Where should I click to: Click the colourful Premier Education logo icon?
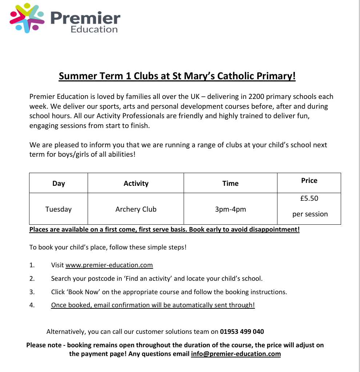(x=27, y=18)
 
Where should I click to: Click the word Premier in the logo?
(x=85, y=17)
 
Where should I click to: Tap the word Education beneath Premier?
(x=94, y=29)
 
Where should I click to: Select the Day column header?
(x=59, y=183)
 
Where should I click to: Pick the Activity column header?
(x=136, y=183)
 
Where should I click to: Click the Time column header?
(x=231, y=183)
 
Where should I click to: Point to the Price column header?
(x=309, y=180)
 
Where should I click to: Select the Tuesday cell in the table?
(x=59, y=209)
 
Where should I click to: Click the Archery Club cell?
(x=136, y=209)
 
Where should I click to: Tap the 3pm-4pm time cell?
(x=231, y=209)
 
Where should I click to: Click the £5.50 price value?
(x=309, y=199)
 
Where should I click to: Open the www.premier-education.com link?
(x=109, y=265)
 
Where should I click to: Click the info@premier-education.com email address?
(x=236, y=354)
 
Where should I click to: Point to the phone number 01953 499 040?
(x=242, y=332)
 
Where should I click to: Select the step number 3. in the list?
(x=32, y=292)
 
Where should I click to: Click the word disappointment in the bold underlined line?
(x=273, y=229)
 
